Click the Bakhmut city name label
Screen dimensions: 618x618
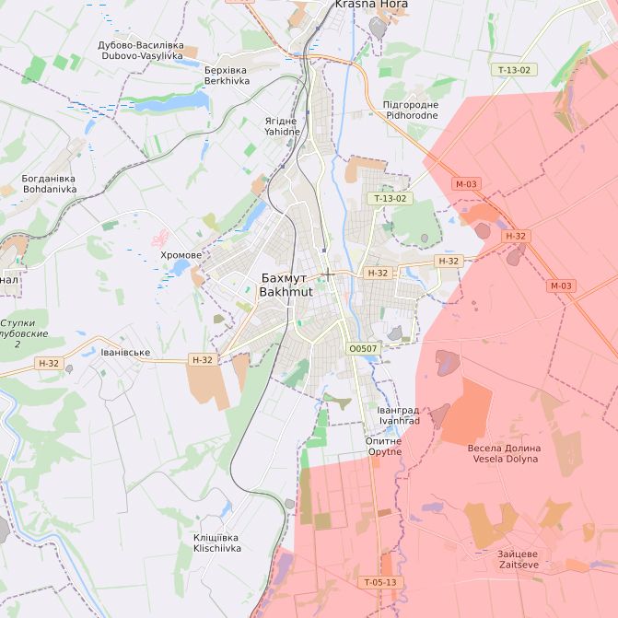286,285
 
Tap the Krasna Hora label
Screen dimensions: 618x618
371,5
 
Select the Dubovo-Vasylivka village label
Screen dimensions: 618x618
141,51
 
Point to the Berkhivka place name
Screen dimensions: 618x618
227,76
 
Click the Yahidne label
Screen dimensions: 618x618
282,126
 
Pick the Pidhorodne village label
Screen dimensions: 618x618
411,111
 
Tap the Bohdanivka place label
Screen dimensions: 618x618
50,183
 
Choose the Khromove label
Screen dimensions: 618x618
181,255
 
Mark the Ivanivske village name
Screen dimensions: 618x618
125,352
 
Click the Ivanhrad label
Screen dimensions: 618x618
399,415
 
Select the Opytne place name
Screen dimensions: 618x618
384,446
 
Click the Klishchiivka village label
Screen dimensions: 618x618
217,542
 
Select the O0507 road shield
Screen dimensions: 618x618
363,349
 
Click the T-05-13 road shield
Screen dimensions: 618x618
379,582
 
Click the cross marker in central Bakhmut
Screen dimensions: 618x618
328,274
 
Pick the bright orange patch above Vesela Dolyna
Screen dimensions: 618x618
469,412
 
